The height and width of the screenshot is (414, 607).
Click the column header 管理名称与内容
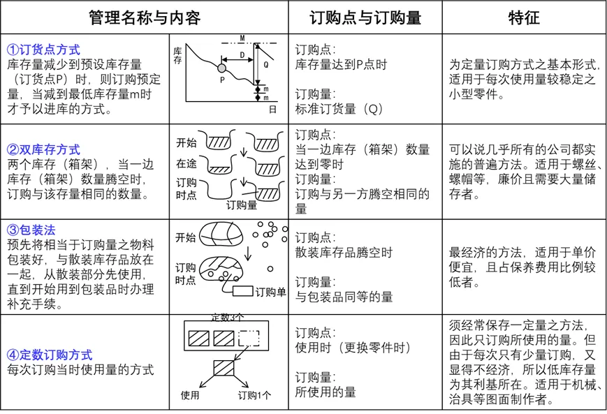pyautogui.click(x=145, y=17)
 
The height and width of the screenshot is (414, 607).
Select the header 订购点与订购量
pyautogui.click(x=365, y=17)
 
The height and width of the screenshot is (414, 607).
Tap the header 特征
pyautogui.click(x=524, y=17)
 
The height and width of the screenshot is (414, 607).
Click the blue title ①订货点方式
pyautogui.click(x=43, y=50)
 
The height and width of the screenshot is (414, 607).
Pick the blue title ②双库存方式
pyautogui.click(x=43, y=149)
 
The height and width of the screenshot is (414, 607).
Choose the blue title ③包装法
pyautogui.click(x=31, y=230)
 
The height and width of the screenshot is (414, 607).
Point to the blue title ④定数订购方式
pyautogui.click(x=50, y=355)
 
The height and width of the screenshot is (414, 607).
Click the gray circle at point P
pyautogui.click(x=222, y=68)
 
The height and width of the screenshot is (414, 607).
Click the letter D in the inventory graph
pyautogui.click(x=242, y=54)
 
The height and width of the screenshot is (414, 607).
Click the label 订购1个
pyautogui.click(x=254, y=395)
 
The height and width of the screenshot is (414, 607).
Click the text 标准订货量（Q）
pyautogui.click(x=339, y=109)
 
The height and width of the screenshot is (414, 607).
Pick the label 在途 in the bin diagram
pyautogui.click(x=186, y=164)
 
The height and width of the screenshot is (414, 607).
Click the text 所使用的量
pyautogui.click(x=326, y=392)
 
